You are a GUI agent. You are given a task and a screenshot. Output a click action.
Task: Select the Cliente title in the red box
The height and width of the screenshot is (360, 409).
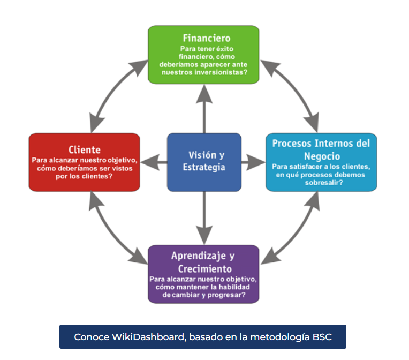coord(84,149)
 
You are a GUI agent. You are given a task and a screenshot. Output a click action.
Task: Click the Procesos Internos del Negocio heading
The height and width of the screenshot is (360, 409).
coord(321,149)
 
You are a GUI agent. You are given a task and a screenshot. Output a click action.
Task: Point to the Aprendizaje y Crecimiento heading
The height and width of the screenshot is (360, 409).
coord(203,262)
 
